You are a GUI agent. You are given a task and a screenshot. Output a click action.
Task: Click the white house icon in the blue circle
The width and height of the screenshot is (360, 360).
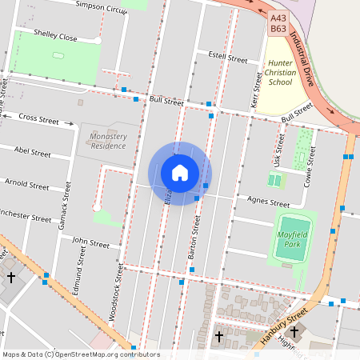click(179, 173)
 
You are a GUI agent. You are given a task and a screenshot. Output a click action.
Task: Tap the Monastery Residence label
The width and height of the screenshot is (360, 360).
click(108, 141)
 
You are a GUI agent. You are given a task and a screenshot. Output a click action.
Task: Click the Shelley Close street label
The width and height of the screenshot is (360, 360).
click(56, 37)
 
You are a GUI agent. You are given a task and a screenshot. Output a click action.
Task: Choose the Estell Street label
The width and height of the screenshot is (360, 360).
click(228, 58)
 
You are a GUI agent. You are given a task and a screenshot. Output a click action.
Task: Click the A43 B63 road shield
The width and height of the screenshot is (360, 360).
click(278, 22)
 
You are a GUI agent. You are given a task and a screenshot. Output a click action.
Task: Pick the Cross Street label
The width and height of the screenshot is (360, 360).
click(39, 120)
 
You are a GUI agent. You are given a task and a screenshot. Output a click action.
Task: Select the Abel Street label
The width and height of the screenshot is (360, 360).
click(33, 151)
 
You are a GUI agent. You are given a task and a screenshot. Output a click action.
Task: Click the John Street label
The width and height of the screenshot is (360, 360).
click(90, 242)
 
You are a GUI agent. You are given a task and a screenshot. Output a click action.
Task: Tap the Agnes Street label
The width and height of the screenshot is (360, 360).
click(268, 203)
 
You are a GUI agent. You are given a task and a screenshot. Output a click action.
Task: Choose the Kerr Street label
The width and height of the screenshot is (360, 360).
click(257, 90)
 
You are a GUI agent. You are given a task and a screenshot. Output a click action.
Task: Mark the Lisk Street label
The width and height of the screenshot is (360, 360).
click(279, 150)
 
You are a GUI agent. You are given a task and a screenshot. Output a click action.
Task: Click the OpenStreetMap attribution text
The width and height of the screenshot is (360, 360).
click(81, 354)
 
